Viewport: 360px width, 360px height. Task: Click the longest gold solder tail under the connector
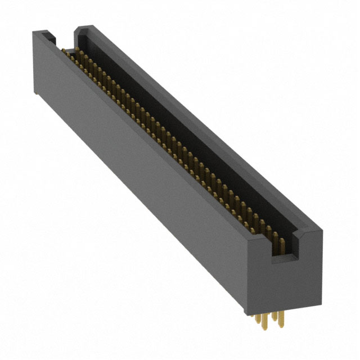[264, 322]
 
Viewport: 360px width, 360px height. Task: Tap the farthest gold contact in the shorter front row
[63, 53]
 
